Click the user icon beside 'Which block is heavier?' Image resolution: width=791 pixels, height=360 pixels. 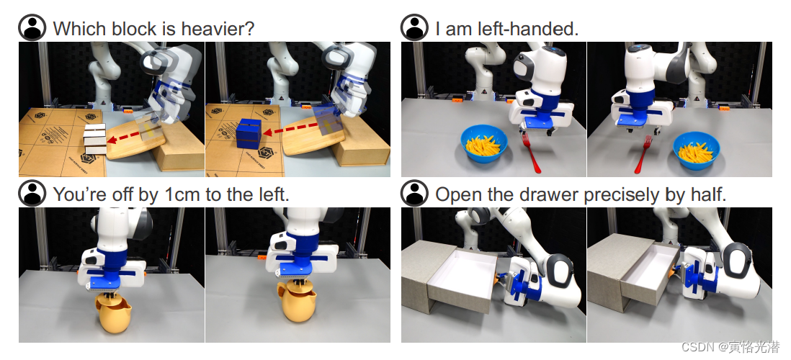[x=32, y=27]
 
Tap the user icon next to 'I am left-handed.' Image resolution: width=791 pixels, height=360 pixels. [x=415, y=27]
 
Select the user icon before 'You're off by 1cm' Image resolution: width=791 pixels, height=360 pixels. [x=32, y=193]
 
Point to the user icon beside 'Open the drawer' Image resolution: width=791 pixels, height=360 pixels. [x=415, y=193]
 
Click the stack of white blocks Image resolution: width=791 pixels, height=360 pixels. [x=95, y=139]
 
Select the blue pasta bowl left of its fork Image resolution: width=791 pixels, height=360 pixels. [x=484, y=144]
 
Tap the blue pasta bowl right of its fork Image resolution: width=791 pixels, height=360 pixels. [x=696, y=150]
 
